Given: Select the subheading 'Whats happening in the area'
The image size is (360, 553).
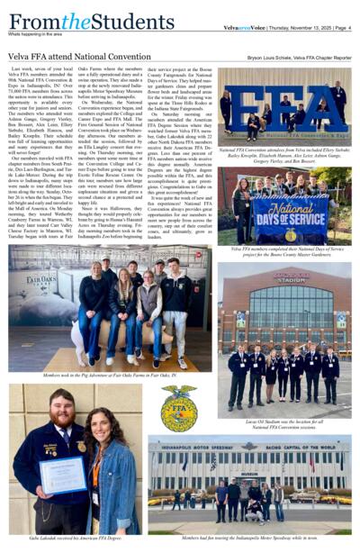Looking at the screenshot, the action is point(41,34).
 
